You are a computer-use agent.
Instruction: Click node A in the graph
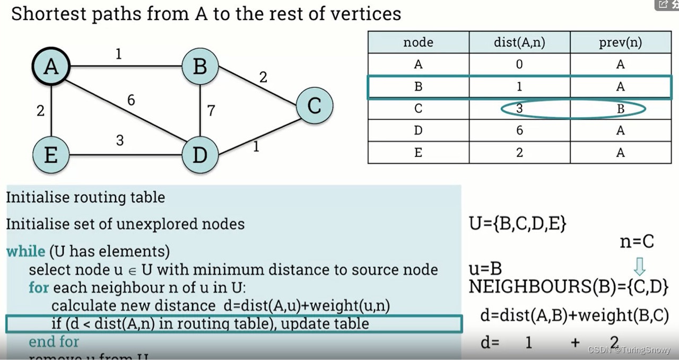[x=51, y=67]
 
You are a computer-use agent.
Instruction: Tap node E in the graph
[x=51, y=155]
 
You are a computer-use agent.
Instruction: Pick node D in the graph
[x=200, y=155]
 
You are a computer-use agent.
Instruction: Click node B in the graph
[x=200, y=67]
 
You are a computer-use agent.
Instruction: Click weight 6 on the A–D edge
[x=131, y=100]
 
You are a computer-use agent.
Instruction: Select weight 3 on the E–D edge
[x=120, y=141]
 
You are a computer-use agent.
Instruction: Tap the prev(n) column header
[x=620, y=42]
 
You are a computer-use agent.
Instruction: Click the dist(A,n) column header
[x=519, y=42]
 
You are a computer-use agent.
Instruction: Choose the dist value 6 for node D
[x=519, y=130]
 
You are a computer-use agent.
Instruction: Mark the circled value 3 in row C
[x=519, y=109]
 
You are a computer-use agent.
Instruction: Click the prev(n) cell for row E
[x=620, y=153]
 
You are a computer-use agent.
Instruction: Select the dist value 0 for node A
[x=519, y=65]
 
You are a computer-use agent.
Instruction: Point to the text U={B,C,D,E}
[x=518, y=224]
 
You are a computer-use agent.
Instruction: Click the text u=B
[x=485, y=268]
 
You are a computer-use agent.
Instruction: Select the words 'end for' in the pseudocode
[x=54, y=341]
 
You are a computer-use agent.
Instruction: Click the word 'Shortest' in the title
[x=46, y=14]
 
